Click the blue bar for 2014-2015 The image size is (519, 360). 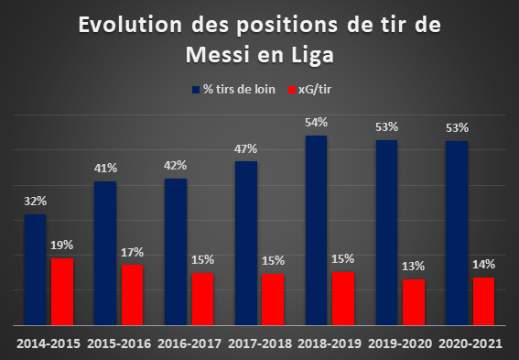click(x=35, y=269)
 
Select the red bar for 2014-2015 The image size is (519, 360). click(x=62, y=292)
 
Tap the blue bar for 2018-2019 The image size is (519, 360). click(x=316, y=230)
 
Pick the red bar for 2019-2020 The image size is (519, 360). click(x=414, y=302)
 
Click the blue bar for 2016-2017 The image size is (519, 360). click(x=176, y=252)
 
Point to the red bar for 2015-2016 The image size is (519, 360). click(x=133, y=295)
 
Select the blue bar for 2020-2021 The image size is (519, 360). click(x=457, y=234)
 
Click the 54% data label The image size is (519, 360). click(x=316, y=123)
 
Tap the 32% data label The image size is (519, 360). click(x=35, y=201)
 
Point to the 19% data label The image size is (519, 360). click(x=62, y=245)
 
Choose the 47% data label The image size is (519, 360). click(x=245, y=149)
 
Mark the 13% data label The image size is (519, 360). click(x=414, y=266)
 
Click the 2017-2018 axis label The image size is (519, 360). click(x=260, y=344)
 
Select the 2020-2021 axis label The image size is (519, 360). click(x=470, y=344)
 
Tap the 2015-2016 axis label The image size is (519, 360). click(x=119, y=344)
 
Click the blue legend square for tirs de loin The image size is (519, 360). click(x=196, y=90)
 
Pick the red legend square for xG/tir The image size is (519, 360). click(x=292, y=90)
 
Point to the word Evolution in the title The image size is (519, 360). click(x=130, y=25)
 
